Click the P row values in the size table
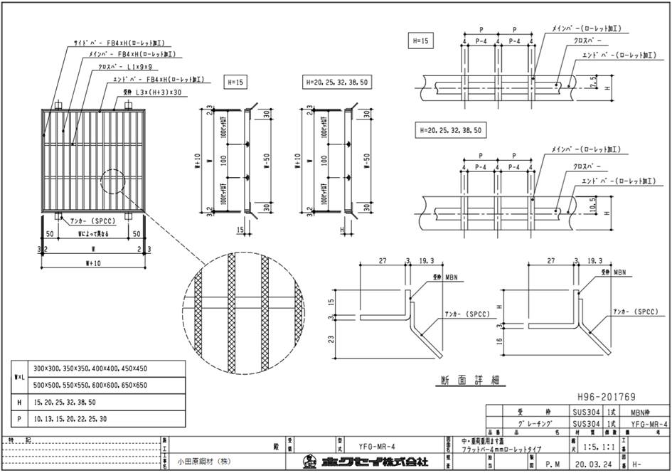pos(68,420)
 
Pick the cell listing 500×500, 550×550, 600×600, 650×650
pos(90,385)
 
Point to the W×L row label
pos(19,376)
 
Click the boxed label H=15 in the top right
pos(419,41)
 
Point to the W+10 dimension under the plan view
pos(93,262)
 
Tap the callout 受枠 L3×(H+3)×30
pos(152,92)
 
